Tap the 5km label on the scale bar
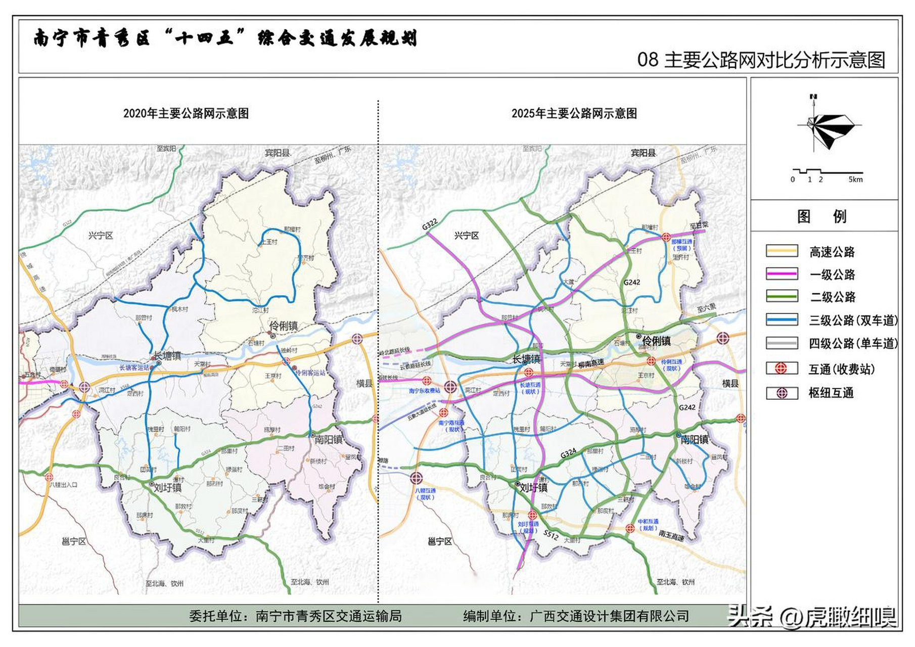tap(855, 179)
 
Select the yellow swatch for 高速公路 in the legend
tap(782, 251)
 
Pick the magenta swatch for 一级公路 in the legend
tap(782, 274)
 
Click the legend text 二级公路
tap(833, 297)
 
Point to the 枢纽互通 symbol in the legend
tap(782, 393)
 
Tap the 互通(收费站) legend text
tap(842, 369)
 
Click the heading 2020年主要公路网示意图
tap(186, 113)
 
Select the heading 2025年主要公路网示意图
tap(574, 113)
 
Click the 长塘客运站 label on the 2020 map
tap(134, 367)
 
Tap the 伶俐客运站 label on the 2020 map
tap(310, 373)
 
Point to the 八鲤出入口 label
tap(63, 485)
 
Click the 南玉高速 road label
tap(671, 536)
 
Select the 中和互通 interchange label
tap(648, 522)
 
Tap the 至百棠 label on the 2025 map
tap(699, 225)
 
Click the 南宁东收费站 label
tap(425, 391)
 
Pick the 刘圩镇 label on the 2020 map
tap(167, 488)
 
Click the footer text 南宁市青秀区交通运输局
tap(329, 616)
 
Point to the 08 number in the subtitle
tap(647, 60)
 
